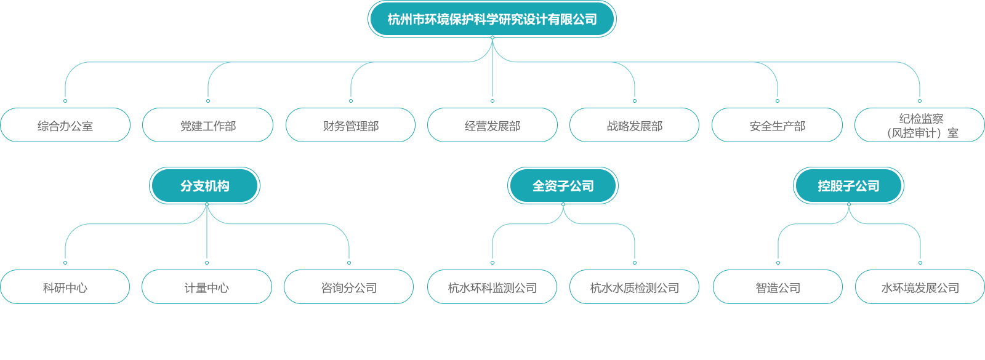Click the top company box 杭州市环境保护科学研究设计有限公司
[x=492, y=19]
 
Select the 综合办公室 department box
[x=65, y=126]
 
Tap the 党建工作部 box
[x=207, y=126]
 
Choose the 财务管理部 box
[x=350, y=126]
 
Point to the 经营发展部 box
[x=492, y=126]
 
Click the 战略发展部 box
[x=634, y=126]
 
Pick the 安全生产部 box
[x=777, y=126]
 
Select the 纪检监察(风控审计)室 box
[x=920, y=126]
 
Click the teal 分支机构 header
[x=205, y=186]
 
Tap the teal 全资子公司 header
[x=563, y=186]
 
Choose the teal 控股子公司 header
[x=848, y=186]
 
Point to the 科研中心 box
[x=65, y=287]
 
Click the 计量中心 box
[x=207, y=287]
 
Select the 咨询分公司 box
[x=348, y=287]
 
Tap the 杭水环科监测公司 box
[x=492, y=287]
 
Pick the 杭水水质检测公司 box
[x=634, y=287]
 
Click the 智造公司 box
[x=778, y=287]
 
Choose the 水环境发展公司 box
[x=920, y=287]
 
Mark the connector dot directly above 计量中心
[x=207, y=263]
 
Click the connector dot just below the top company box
[x=492, y=38]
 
